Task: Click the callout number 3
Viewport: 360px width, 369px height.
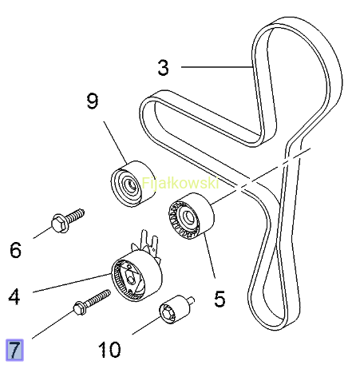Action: click(x=163, y=68)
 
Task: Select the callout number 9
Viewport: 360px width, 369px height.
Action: click(x=93, y=101)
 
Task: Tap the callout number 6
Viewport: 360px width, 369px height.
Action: click(x=15, y=250)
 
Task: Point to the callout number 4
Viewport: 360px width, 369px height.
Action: click(x=14, y=296)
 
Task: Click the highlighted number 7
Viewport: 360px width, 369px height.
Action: click(x=14, y=350)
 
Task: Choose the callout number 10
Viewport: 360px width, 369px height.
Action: click(x=109, y=349)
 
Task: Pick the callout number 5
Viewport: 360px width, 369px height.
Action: click(x=220, y=299)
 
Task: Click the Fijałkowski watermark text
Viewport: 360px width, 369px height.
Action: click(x=180, y=183)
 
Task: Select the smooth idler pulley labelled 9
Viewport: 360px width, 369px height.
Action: click(x=133, y=184)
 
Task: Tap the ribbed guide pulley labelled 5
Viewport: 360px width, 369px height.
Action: click(x=191, y=216)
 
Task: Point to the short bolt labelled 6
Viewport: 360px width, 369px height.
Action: click(x=68, y=221)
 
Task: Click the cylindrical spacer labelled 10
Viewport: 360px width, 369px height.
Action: click(x=176, y=309)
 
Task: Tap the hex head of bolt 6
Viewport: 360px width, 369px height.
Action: click(x=59, y=224)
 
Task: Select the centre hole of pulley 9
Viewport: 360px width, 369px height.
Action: click(x=131, y=184)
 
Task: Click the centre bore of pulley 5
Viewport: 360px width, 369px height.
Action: click(x=189, y=216)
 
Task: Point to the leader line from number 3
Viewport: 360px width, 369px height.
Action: click(x=216, y=67)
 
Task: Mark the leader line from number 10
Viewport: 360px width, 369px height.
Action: click(x=147, y=324)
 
